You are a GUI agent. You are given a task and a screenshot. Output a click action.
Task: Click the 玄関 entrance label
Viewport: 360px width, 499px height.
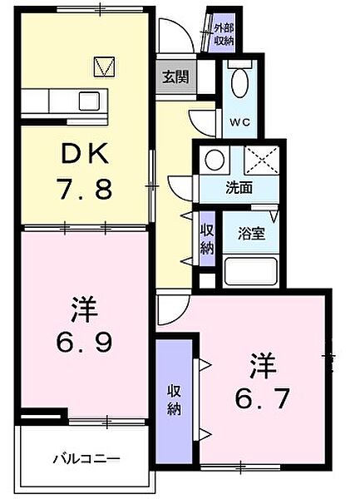point(174,77)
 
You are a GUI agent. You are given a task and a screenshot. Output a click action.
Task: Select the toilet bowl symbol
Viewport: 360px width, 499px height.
point(240,84)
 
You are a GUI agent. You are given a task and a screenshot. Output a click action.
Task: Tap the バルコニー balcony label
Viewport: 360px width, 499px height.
point(86,458)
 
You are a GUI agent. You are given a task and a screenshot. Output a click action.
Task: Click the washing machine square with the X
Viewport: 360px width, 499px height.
point(263,161)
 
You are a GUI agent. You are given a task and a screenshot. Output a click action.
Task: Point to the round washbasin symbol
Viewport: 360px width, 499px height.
point(214,161)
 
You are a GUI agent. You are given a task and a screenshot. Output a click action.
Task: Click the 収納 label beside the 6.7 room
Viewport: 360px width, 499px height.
point(175,401)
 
